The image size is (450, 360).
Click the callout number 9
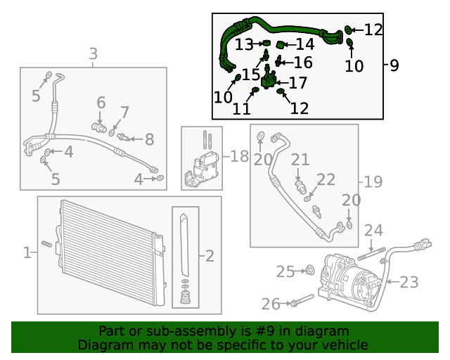coord(394,65)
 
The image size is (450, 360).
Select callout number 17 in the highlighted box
coord(298,83)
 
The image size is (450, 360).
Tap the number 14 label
coord(304,45)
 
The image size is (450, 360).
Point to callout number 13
coord(244,45)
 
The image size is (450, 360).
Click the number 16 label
coord(303,63)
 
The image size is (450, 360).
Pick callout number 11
coord(242,109)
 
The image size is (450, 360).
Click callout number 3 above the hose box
coord(93,53)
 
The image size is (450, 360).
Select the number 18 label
coord(240,156)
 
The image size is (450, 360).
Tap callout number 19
coord(373,182)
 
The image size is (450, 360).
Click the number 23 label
coord(409,283)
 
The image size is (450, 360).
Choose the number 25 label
coord(285,271)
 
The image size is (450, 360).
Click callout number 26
coord(271,304)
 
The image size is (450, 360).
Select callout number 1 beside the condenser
coord(27,252)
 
